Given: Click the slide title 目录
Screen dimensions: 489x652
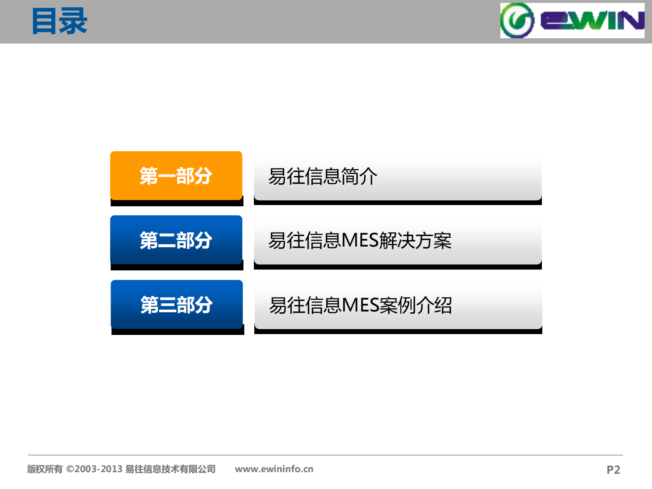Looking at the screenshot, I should (60, 21).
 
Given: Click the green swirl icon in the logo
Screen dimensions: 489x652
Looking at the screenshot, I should (517, 21).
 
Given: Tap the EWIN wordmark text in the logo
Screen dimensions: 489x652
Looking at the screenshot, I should (592, 21).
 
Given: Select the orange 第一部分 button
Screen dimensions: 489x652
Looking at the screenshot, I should (176, 176).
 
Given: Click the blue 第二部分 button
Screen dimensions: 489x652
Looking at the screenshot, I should (176, 240).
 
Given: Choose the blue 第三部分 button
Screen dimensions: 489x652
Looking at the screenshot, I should (177, 304).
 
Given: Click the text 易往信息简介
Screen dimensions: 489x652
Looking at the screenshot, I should (323, 176).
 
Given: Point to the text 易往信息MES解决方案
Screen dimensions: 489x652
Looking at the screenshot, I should (360, 240).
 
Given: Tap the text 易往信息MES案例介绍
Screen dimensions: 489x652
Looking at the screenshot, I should (360, 305).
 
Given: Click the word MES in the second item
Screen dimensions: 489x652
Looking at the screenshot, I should (360, 240).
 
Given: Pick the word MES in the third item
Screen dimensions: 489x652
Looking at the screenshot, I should (360, 305).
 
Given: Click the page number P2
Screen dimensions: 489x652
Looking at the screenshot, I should (613, 470).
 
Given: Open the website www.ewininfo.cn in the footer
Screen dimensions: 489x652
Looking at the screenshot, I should (274, 469).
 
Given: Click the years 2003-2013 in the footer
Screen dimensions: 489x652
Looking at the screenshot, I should (99, 469).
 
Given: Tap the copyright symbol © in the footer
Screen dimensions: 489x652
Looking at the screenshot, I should (70, 469).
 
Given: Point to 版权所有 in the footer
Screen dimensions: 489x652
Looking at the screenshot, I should (45, 469).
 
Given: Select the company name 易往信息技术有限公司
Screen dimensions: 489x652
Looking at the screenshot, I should (170, 469).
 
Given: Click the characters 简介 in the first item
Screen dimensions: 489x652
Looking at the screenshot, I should (359, 176).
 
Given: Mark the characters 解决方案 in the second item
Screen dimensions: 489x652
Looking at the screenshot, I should (415, 240).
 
